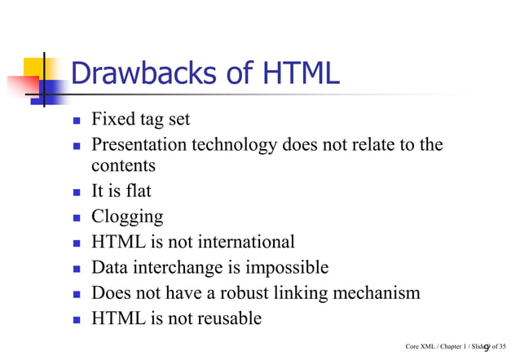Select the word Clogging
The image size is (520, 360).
click(x=127, y=217)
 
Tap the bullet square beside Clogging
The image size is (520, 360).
click(x=77, y=218)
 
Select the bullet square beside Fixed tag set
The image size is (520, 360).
click(x=77, y=121)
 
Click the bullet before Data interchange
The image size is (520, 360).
click(x=77, y=269)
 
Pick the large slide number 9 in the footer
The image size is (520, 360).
click(x=486, y=348)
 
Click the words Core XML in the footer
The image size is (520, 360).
click(x=418, y=348)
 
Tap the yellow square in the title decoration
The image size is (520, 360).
click(x=33, y=65)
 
